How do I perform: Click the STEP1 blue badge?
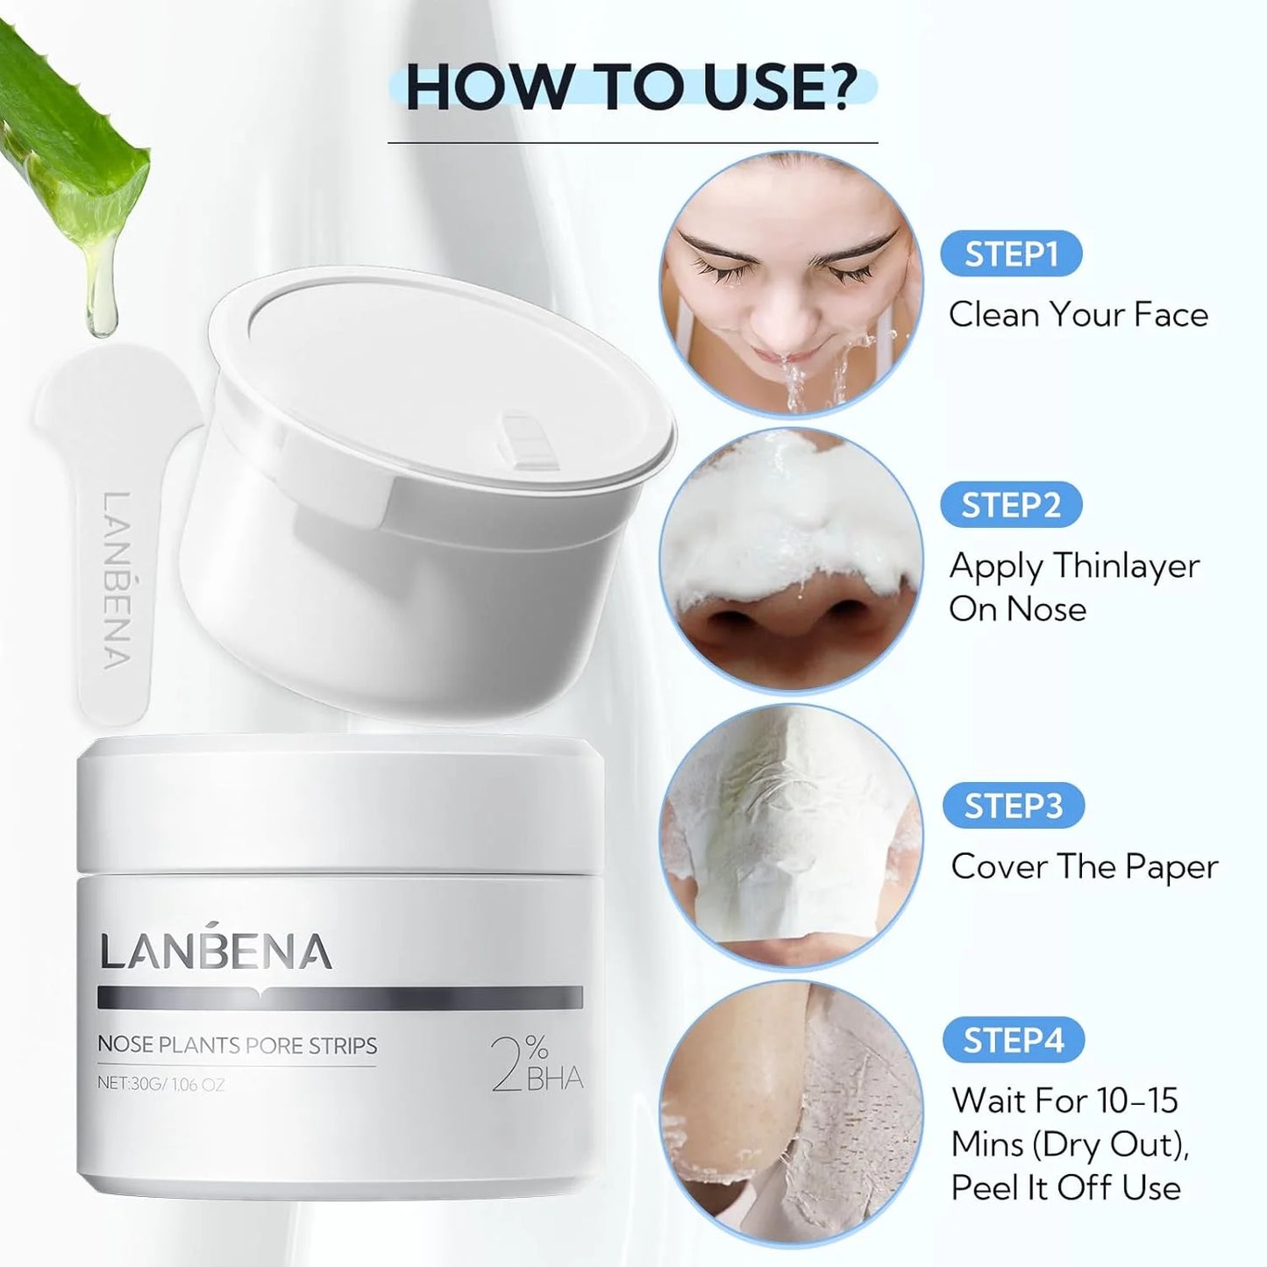(1011, 253)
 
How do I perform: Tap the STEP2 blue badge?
(1011, 505)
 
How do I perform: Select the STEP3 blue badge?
(1013, 806)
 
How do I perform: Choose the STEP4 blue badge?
(1013, 1040)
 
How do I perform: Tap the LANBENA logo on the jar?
(216, 949)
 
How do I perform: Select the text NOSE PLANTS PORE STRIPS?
(238, 1045)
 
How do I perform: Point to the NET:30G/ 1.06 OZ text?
(161, 1084)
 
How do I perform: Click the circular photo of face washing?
(791, 283)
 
